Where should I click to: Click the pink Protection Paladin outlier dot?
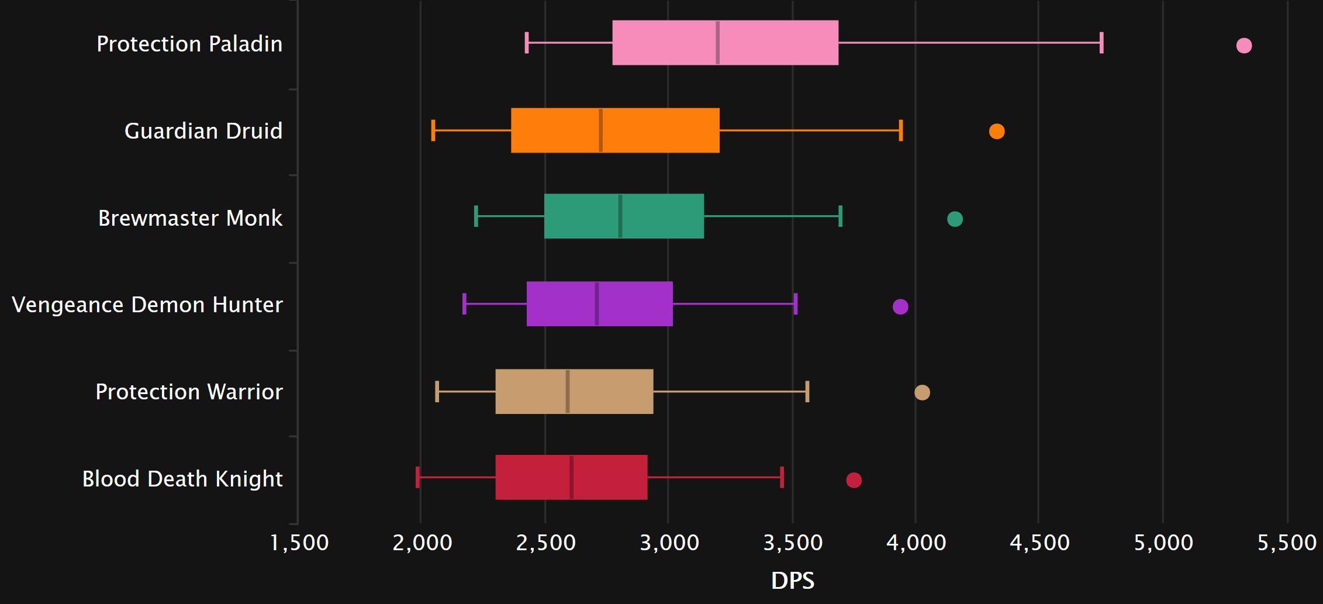(1244, 46)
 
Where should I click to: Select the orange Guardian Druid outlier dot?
(997, 132)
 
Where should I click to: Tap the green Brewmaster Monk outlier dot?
(955, 219)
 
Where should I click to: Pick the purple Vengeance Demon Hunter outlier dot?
(900, 306)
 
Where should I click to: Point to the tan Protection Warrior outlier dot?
(922, 392)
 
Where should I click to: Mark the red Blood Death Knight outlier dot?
(854, 480)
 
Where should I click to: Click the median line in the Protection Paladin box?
(717, 43)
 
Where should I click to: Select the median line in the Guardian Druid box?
(600, 130)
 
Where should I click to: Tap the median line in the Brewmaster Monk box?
(620, 216)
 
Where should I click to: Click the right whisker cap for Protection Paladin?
(1101, 43)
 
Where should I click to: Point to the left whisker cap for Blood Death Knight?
(417, 477)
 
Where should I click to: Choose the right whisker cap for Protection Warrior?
(807, 391)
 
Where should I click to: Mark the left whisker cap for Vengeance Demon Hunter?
(464, 304)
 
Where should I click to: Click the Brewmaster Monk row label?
(190, 218)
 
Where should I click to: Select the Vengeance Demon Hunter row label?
(147, 305)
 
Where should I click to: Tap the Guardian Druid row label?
(203, 131)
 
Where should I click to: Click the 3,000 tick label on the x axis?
(669, 543)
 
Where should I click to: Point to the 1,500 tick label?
(299, 543)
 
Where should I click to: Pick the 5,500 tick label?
(1287, 543)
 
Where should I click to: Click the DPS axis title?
(792, 581)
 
